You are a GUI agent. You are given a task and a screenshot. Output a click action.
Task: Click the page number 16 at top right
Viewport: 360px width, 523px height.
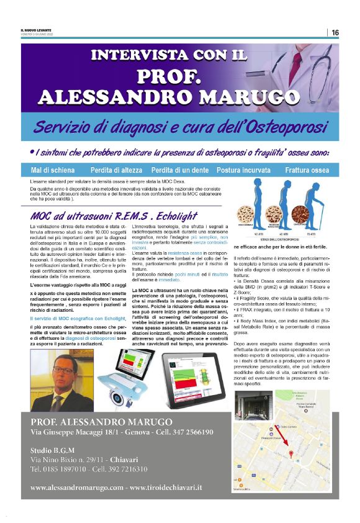[x=335, y=32]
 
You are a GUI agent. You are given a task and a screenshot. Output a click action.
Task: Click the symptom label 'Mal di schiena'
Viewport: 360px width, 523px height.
[x=52, y=170]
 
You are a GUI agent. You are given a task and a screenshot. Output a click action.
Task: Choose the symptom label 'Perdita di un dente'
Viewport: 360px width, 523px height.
[x=180, y=170]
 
